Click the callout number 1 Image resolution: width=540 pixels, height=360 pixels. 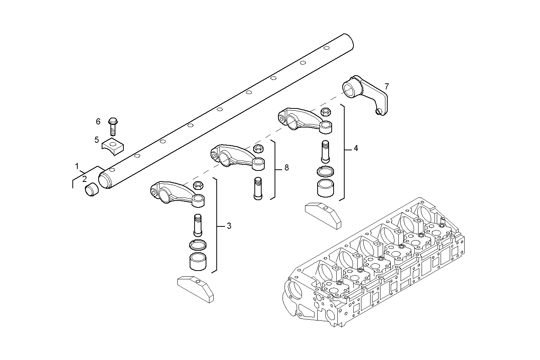(77, 166)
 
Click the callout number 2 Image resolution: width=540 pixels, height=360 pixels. (85, 178)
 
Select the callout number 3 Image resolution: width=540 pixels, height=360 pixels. (229, 226)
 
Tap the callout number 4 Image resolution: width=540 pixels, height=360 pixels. (356, 148)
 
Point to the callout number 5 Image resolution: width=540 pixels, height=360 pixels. (97, 140)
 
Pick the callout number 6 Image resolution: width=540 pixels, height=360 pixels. (98, 121)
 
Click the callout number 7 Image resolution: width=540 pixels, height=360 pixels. (387, 86)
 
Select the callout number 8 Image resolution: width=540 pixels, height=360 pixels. (286, 167)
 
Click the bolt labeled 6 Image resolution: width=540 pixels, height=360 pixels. (113, 126)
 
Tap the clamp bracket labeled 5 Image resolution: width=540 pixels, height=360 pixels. (113, 146)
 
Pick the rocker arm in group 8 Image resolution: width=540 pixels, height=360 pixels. (236, 155)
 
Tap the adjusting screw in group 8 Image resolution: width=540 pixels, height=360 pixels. (257, 188)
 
